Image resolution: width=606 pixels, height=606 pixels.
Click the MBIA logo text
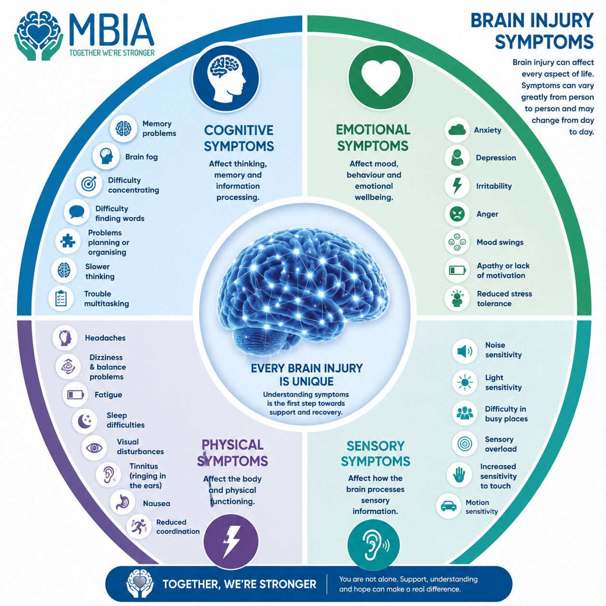(112, 30)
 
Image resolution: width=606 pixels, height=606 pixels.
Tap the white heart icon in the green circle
(381, 77)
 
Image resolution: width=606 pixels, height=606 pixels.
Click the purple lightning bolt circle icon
(231, 542)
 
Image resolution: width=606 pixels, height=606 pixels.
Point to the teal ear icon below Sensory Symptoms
(374, 545)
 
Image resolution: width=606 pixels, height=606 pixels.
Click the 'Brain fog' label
(142, 157)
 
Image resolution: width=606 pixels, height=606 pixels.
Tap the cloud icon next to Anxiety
(457, 130)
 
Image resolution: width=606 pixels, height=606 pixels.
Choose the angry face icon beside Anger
(457, 214)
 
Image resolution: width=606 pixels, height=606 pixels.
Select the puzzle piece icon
(68, 241)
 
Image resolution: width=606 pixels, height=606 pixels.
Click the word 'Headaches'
(105, 338)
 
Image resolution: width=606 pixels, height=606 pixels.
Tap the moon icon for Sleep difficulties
(84, 421)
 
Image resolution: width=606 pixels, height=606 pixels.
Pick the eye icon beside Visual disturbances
(94, 448)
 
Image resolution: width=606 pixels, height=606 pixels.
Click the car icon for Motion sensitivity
(449, 506)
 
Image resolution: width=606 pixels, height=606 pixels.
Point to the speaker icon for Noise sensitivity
(464, 351)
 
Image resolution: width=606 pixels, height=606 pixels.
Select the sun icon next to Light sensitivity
(465, 382)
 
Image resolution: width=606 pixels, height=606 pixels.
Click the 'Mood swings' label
(500, 242)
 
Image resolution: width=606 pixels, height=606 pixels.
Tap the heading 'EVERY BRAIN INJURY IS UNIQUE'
(306, 375)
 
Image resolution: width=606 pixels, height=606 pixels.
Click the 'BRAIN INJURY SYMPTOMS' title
(532, 31)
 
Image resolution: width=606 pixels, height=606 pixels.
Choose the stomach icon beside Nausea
(122, 502)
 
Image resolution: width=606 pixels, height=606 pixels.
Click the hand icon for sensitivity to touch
(459, 475)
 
